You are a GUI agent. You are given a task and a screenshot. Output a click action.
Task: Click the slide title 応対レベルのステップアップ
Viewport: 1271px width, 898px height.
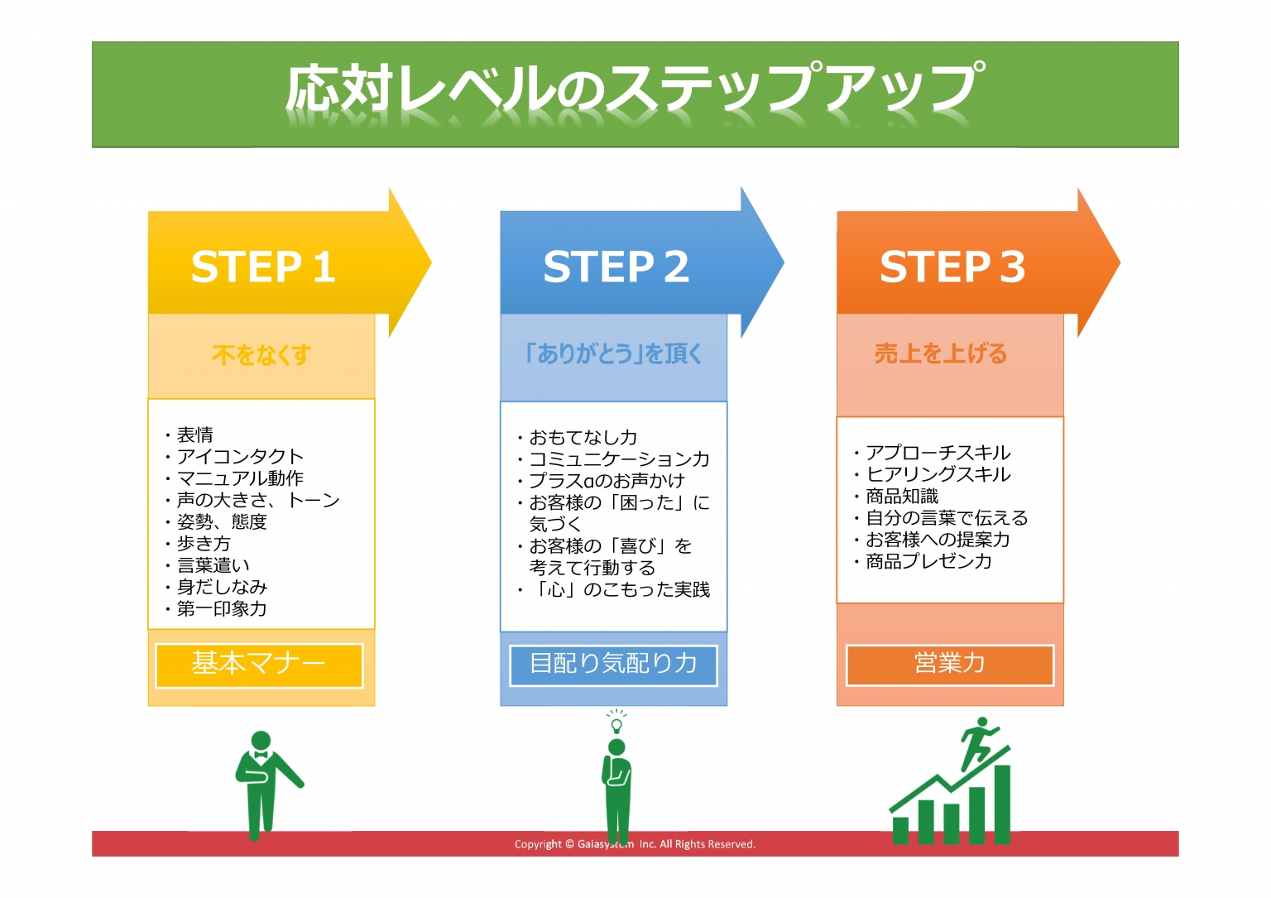point(635,89)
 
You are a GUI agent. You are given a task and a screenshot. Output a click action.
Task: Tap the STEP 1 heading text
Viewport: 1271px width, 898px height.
point(263,267)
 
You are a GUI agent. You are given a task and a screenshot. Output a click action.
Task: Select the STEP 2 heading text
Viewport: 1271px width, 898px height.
point(616,267)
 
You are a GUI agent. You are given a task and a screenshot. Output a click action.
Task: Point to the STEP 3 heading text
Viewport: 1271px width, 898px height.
point(952,267)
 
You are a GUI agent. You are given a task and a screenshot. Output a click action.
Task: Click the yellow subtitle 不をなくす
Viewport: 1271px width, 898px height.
point(261,355)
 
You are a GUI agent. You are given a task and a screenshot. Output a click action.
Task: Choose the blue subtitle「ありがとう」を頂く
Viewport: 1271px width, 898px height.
point(613,353)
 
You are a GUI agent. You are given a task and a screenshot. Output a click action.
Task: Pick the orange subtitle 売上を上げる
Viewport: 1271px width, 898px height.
point(941,353)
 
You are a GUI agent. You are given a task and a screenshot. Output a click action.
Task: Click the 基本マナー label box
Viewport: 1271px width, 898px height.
point(259,665)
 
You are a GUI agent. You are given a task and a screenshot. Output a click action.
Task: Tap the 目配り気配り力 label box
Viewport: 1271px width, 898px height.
point(613,665)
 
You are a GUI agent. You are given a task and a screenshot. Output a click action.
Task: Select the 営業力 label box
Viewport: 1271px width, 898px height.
point(949,664)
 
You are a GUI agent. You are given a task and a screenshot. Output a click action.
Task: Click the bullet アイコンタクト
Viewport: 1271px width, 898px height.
point(240,456)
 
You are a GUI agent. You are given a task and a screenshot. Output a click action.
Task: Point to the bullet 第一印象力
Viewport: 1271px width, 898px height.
point(221,608)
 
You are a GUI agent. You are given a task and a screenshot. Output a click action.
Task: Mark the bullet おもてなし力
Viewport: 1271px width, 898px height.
point(583,437)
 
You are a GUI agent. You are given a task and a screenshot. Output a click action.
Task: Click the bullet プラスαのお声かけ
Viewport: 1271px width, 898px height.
point(607,480)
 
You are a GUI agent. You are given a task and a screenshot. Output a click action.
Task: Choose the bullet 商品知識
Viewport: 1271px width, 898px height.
point(901,496)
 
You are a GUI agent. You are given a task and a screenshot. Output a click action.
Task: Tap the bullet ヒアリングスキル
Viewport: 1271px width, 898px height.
point(938,474)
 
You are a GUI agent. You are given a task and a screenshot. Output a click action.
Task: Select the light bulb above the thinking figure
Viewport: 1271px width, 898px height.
point(616,723)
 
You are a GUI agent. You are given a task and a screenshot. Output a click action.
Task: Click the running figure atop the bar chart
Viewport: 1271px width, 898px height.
point(979,741)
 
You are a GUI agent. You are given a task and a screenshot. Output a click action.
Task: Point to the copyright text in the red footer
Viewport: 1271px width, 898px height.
point(635,844)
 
